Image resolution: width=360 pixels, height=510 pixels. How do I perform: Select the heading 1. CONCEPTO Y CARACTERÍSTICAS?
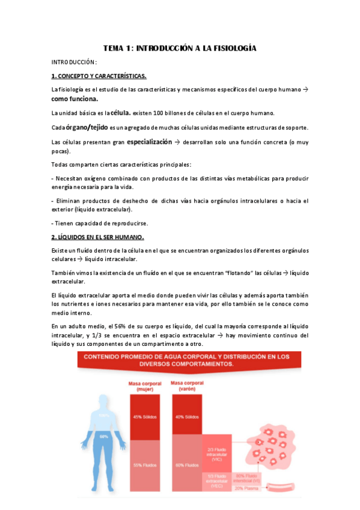pos(99,76)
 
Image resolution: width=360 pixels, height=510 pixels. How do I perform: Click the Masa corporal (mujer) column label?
pos(143,386)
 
